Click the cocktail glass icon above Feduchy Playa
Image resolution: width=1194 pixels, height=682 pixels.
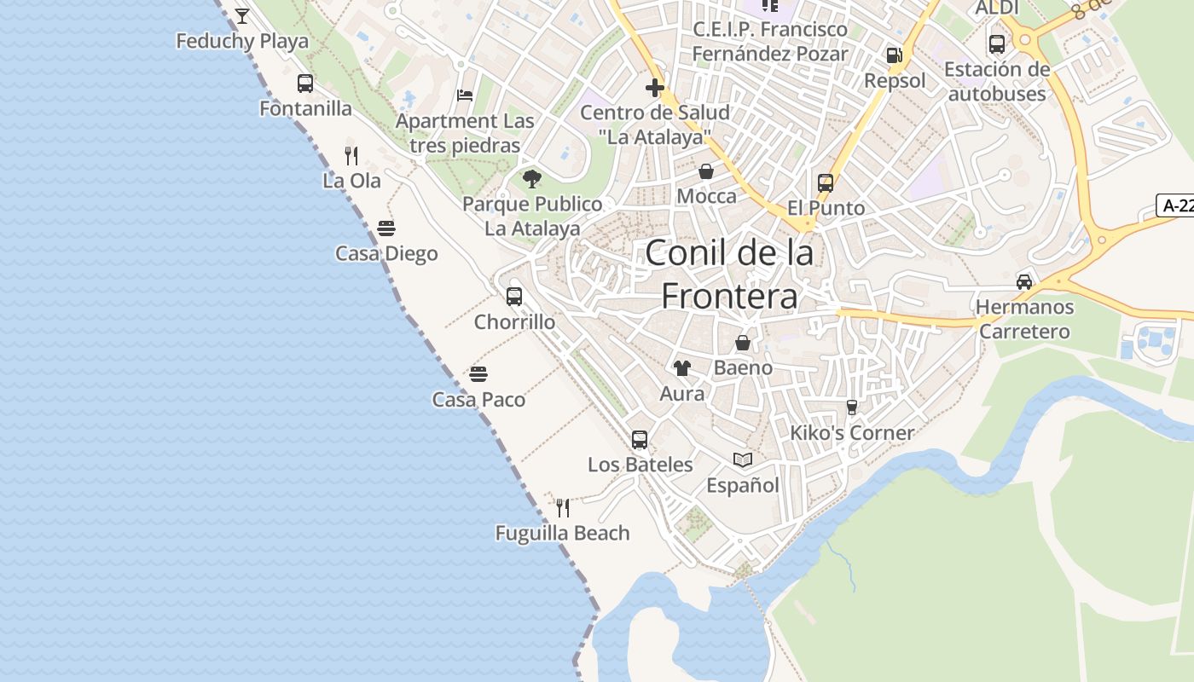point(242,15)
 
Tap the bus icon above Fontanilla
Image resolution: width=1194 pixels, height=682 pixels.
point(305,84)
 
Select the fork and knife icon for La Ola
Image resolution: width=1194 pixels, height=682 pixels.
point(351,155)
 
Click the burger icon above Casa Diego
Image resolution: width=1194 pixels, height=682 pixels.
point(386,228)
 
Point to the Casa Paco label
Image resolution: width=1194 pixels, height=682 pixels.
point(478,400)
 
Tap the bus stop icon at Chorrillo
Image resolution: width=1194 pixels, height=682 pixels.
point(514,297)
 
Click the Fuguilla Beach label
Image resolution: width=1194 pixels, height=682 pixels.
point(562,534)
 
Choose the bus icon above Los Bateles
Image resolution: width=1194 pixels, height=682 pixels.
point(640,440)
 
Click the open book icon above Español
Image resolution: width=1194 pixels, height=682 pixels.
point(743,460)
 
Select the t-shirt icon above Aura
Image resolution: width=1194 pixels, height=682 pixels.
point(682,368)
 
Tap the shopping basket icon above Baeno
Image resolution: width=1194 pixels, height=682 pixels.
point(743,343)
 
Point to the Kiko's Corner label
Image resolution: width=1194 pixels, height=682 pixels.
point(851,433)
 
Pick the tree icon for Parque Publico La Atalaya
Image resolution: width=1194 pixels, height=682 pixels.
point(532,179)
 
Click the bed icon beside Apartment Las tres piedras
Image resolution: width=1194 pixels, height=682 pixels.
point(465,95)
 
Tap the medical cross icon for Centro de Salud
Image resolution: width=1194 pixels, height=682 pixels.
point(655,87)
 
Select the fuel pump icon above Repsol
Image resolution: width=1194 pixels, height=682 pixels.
point(894,55)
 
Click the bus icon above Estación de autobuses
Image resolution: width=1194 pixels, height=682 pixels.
point(997,44)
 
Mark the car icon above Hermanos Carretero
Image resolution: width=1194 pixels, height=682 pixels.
point(1024,281)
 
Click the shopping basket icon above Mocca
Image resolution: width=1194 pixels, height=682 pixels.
point(706,171)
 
